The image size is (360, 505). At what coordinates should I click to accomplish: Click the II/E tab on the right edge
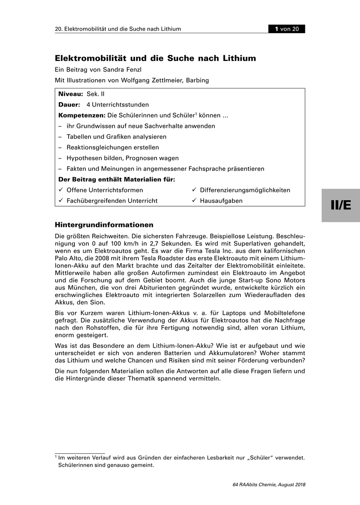341,205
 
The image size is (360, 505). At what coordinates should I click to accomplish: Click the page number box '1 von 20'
287,29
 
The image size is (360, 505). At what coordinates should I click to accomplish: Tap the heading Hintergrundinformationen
104,225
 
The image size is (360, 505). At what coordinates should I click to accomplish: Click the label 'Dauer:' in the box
69,104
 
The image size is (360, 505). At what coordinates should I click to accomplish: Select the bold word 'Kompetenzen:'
82,115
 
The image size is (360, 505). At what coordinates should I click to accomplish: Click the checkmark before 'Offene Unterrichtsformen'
61,190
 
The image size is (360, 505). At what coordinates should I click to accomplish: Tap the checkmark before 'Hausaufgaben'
194,201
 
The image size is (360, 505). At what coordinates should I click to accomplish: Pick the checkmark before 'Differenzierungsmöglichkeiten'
194,190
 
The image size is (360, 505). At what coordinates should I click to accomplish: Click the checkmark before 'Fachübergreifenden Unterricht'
61,201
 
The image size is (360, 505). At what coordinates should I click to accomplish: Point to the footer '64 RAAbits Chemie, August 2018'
269,484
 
